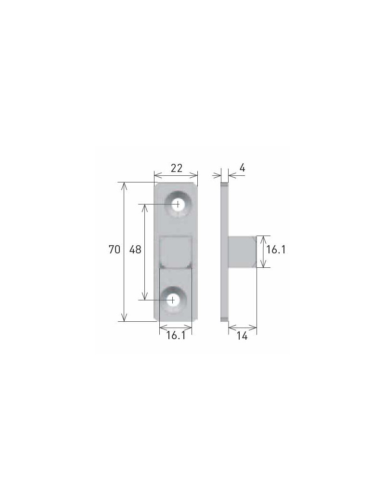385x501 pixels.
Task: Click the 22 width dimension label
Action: [177, 168]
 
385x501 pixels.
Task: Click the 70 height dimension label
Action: [114, 250]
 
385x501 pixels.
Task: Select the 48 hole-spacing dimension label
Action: [135, 250]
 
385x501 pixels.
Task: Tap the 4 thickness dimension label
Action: [242, 168]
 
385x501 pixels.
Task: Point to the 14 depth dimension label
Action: [242, 336]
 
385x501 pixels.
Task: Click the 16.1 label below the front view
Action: [176, 336]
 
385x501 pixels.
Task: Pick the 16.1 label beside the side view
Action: [276, 250]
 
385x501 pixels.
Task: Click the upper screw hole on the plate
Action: [178, 204]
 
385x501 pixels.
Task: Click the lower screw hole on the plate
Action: [172, 300]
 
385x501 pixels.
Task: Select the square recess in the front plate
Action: [176, 252]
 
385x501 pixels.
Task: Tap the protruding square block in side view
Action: [242, 251]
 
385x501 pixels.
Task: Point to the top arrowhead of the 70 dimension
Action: [124, 185]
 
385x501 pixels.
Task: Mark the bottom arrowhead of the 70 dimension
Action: [124, 318]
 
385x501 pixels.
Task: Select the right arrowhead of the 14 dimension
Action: [254, 329]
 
